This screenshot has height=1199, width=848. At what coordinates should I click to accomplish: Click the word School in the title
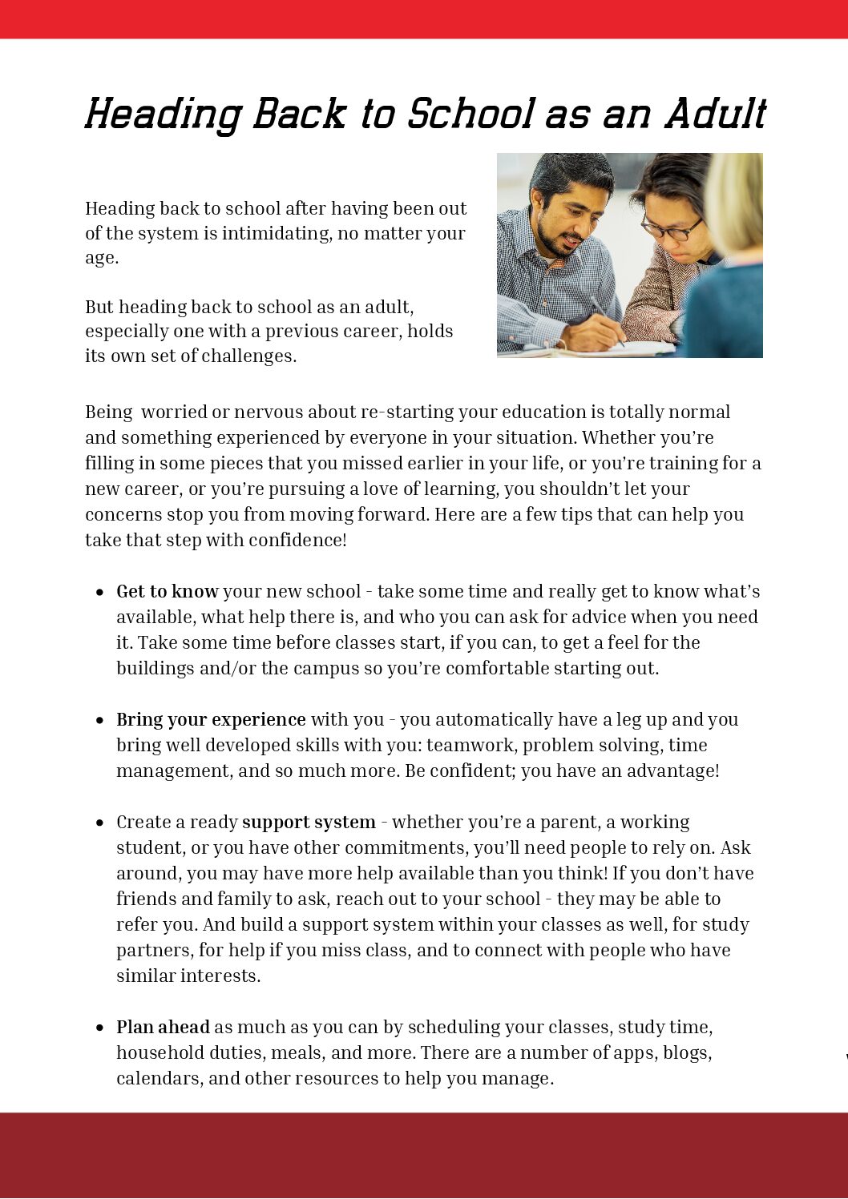click(471, 115)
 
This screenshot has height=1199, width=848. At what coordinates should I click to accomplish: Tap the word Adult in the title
click(715, 115)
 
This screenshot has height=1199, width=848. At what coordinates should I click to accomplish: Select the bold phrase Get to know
click(167, 591)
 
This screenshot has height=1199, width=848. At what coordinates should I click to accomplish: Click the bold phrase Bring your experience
click(211, 719)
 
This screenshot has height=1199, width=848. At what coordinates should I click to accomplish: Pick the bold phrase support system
click(309, 822)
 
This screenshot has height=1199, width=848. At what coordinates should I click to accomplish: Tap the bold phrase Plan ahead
click(163, 1027)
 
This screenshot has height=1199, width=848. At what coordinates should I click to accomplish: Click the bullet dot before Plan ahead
click(99, 1028)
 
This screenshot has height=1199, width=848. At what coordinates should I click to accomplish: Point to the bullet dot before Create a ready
click(99, 823)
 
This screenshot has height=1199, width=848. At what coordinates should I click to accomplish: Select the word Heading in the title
click(163, 115)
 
